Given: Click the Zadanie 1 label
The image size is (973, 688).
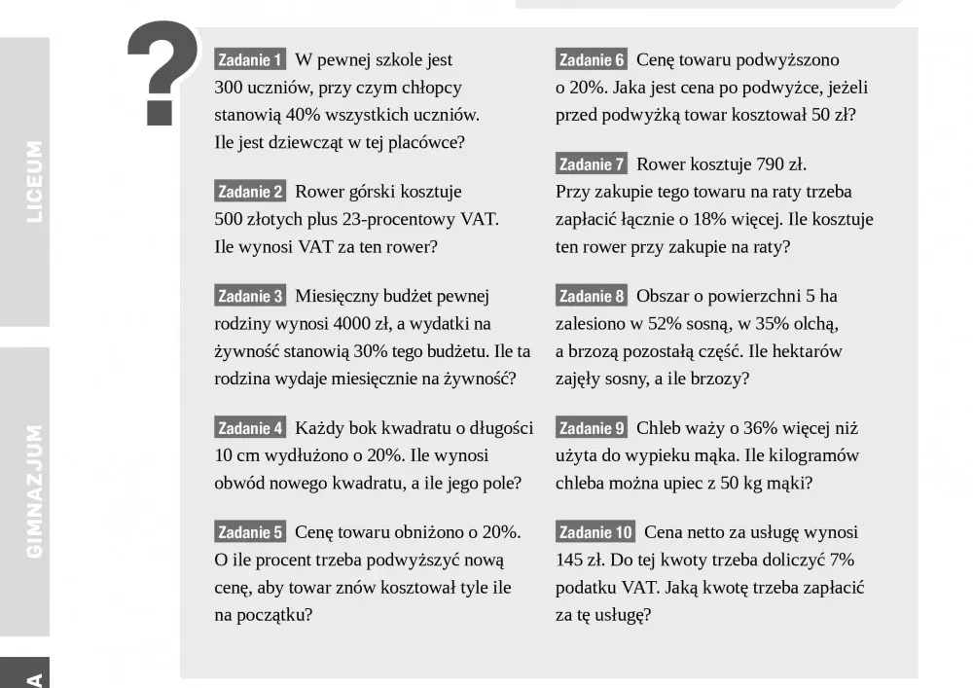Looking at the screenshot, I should (249, 60).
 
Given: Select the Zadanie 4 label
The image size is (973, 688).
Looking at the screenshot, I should (249, 428).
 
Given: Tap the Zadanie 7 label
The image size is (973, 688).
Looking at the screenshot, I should (592, 164).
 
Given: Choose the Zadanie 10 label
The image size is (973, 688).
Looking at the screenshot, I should (595, 532).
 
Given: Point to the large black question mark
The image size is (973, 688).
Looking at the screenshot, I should (162, 73).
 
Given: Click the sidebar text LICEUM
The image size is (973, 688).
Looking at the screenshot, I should (34, 182).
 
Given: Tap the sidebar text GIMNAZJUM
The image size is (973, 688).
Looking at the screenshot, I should (34, 491).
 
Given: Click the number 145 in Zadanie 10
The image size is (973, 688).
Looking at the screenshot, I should (570, 561).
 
